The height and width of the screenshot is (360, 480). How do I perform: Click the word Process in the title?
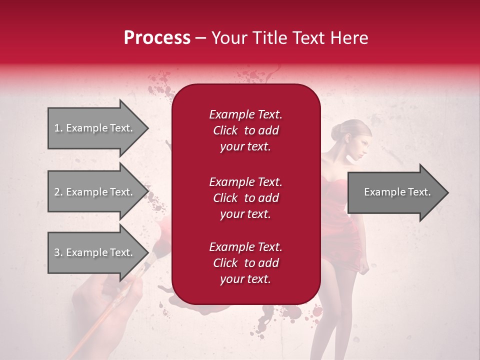157,38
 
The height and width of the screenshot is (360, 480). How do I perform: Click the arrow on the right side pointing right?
397,192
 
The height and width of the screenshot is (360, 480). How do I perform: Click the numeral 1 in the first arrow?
56,128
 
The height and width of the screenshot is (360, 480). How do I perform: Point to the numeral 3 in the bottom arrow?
56,252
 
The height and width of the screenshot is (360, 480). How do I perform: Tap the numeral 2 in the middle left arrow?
56,192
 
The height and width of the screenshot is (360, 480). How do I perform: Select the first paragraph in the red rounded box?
245,130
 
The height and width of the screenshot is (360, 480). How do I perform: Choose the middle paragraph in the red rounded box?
245,198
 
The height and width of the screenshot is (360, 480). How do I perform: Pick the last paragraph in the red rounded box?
245,263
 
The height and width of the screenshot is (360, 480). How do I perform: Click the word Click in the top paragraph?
225,130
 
